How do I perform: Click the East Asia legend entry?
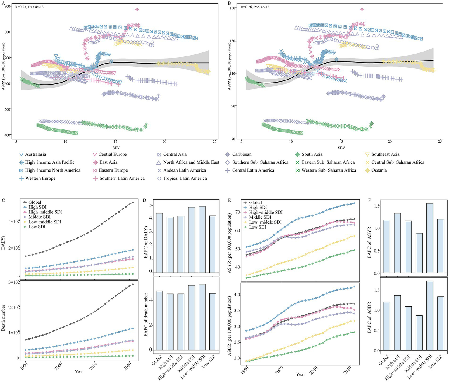(108, 162)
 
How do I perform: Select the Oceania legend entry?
(379, 170)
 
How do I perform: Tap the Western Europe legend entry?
(40, 178)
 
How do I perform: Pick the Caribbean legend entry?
(242, 154)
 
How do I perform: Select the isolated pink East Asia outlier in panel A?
(137, 9)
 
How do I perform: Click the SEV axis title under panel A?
(116, 148)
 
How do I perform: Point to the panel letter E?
(229, 201)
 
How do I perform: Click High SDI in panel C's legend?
(37, 207)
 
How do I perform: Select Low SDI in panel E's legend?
(257, 227)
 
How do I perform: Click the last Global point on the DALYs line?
(133, 203)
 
